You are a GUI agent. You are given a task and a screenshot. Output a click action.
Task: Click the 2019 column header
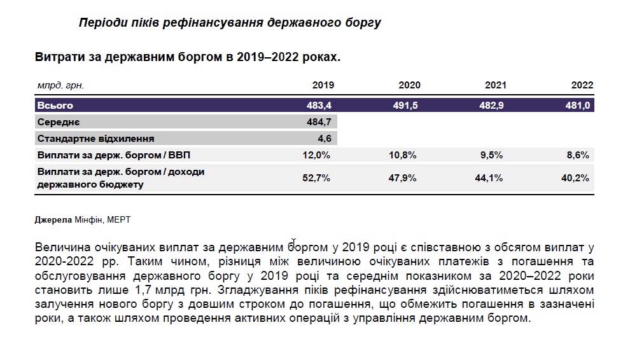pos(323,85)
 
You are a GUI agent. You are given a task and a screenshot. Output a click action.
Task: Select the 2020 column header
pos(409,85)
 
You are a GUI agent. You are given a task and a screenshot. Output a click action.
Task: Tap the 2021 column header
pos(496,85)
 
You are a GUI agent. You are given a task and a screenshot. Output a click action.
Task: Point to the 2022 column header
pos(582,85)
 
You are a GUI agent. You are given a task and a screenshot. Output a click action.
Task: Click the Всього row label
pos(56,106)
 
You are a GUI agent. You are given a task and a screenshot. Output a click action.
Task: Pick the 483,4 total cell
pos(319,106)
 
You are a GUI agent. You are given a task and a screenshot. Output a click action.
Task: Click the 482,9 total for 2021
pos(492,106)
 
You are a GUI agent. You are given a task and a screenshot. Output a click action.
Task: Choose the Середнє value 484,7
pos(319,121)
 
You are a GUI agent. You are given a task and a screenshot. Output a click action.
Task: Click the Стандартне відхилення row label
pos(96,138)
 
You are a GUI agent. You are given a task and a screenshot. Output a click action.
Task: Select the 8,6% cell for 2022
pos(578,155)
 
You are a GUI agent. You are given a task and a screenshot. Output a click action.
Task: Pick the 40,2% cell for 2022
pos(576,178)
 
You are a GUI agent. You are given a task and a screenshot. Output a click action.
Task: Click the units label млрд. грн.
pos(60,85)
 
